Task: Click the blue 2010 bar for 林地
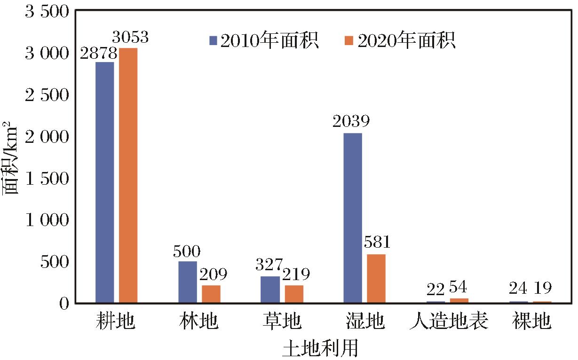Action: [x=187, y=282]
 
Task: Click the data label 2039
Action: [x=352, y=122]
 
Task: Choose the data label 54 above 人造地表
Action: [x=459, y=287]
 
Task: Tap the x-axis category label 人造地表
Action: [x=448, y=322]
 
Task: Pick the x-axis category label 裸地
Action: [x=531, y=322]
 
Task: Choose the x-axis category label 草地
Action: [x=282, y=322]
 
